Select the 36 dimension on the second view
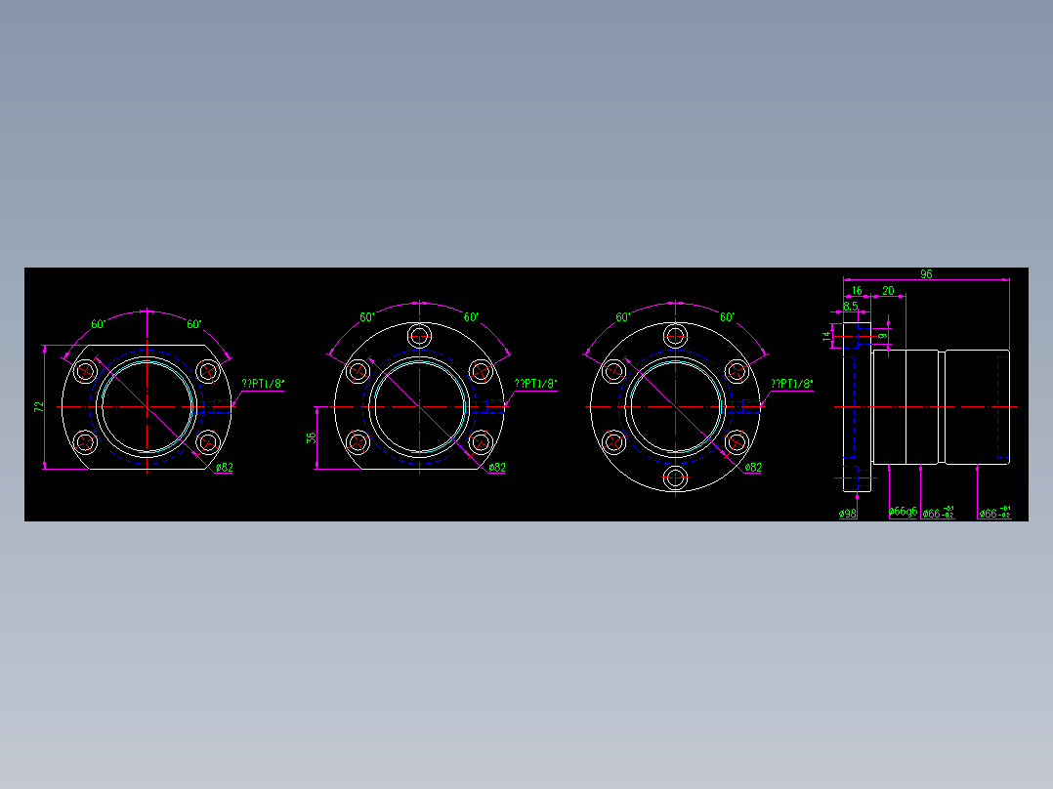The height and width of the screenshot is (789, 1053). coord(312,437)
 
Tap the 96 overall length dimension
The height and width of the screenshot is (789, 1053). coord(926,274)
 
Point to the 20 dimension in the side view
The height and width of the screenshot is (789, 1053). coord(888,291)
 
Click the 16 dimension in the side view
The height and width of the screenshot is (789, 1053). coord(857,291)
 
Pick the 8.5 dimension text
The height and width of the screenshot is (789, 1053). coord(850,307)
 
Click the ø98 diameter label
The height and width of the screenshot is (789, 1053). coord(847,513)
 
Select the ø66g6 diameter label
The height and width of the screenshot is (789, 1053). coord(903,512)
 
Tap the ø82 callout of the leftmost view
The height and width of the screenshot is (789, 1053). coord(224,467)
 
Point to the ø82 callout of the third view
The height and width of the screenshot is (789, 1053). coord(753,467)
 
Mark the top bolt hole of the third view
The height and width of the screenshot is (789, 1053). coord(675,336)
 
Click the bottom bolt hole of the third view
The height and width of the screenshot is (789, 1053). coord(675,478)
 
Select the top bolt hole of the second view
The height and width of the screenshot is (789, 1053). coord(420,336)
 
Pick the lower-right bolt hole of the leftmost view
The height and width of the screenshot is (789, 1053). coord(207,442)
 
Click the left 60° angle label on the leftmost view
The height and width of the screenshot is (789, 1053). coord(99,324)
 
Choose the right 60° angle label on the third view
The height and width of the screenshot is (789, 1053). coord(727,317)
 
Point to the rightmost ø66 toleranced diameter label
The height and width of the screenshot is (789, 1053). coord(994,513)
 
